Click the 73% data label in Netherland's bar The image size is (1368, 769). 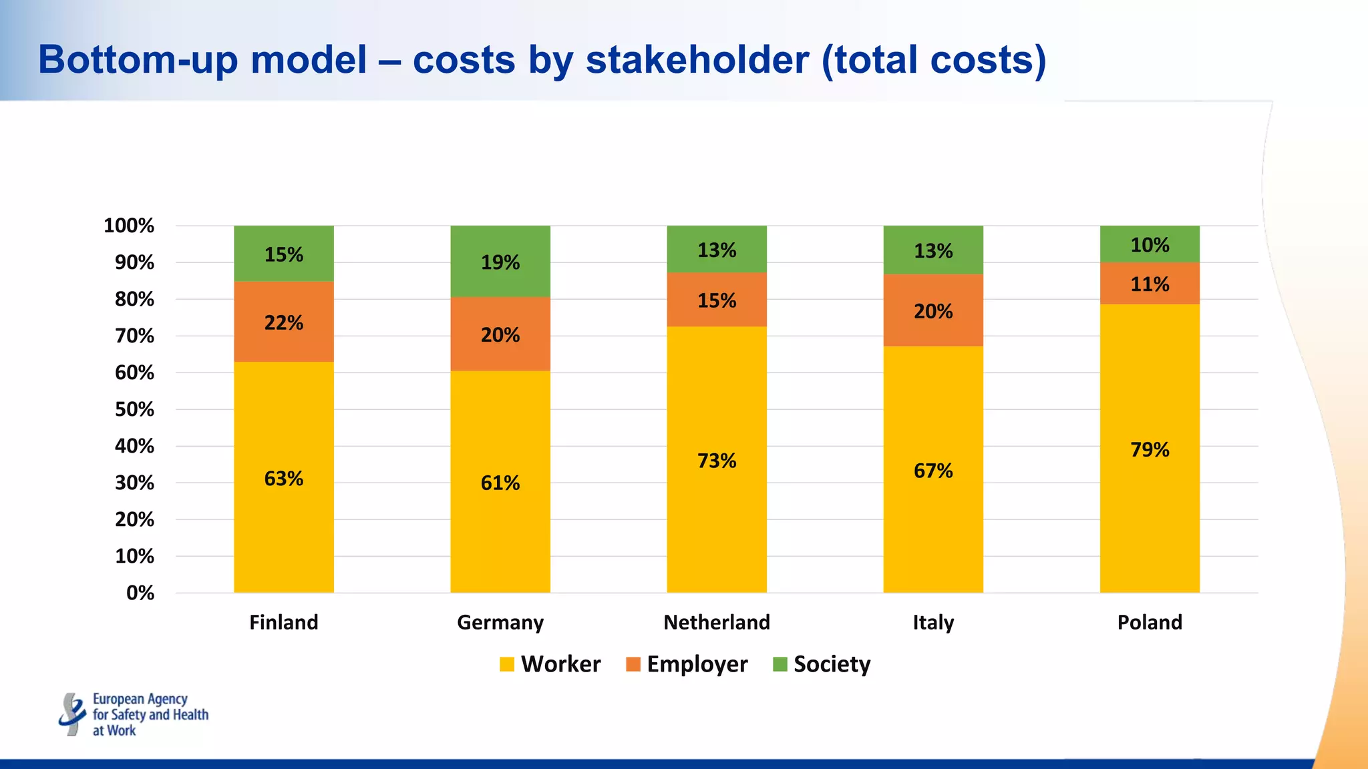717,461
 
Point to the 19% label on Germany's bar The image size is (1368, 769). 500,262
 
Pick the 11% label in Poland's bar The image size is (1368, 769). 1150,284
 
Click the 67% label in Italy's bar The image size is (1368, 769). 933,471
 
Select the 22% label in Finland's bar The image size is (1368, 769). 284,322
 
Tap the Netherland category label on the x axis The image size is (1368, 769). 717,622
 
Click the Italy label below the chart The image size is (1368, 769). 933,622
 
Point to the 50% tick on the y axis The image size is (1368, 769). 134,409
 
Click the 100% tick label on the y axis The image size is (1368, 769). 129,226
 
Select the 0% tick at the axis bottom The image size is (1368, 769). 140,593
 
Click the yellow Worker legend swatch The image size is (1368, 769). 507,664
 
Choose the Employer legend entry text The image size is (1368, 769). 697,664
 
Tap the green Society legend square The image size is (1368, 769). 780,664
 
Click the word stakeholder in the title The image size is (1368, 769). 697,59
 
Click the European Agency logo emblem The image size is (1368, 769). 71,714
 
